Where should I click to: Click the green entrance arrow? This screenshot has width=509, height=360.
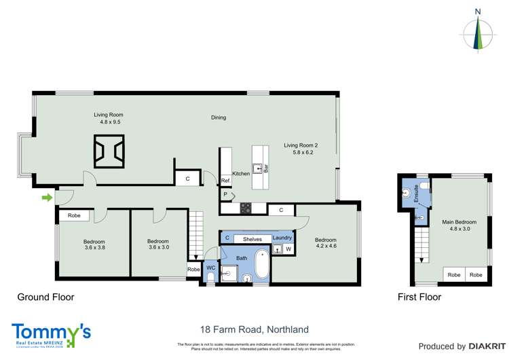click(x=47, y=198)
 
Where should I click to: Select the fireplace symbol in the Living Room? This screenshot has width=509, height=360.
click(x=109, y=151)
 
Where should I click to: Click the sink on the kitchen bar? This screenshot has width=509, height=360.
click(x=258, y=166)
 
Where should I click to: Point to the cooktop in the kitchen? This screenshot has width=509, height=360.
click(x=245, y=207)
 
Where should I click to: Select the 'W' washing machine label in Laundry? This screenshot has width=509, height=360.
click(x=288, y=249)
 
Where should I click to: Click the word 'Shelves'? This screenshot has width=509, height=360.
click(x=252, y=239)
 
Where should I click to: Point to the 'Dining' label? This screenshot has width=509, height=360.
click(x=218, y=118)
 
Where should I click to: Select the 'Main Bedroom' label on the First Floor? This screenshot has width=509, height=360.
click(x=459, y=222)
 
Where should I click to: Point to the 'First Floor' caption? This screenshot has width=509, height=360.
click(x=419, y=297)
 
